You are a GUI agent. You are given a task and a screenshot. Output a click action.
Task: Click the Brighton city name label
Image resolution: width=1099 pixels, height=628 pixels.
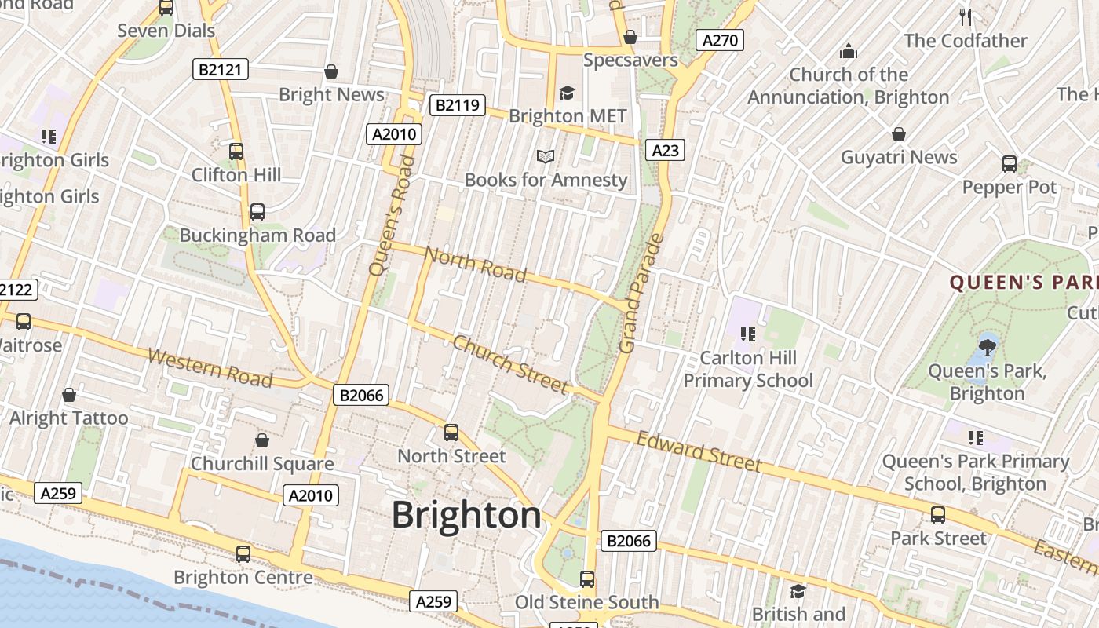click(466, 516)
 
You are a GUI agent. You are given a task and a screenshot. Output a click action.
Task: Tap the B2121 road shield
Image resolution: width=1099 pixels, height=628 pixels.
click(221, 70)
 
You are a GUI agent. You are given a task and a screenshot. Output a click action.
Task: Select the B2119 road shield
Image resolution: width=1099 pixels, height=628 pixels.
click(458, 105)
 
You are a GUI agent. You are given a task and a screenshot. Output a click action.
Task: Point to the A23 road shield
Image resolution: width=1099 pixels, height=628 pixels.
click(665, 150)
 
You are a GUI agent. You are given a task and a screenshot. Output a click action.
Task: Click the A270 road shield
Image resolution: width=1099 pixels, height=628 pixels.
click(719, 41)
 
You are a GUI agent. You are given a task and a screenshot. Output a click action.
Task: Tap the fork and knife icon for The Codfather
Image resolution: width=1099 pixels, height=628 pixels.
click(966, 16)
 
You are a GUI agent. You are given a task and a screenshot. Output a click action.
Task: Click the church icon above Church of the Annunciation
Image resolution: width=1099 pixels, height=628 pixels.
click(849, 52)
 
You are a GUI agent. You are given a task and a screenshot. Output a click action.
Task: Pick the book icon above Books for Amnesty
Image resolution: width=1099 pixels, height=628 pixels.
click(546, 156)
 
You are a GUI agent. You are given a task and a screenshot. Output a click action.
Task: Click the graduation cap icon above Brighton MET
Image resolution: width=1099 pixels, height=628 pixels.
click(567, 93)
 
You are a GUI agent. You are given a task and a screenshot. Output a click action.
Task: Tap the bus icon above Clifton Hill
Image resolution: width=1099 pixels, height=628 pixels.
click(236, 152)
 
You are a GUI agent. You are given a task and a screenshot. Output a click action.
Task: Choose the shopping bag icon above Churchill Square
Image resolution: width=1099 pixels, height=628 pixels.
click(262, 440)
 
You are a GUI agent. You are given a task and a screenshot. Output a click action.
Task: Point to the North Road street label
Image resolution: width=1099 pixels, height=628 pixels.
click(475, 264)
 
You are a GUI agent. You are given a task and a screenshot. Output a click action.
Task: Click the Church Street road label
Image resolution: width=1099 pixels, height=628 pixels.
click(510, 364)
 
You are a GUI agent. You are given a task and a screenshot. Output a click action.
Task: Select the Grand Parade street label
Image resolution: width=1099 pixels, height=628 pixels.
click(641, 294)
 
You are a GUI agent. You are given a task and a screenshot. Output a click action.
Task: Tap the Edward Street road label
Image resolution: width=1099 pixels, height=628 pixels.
click(699, 451)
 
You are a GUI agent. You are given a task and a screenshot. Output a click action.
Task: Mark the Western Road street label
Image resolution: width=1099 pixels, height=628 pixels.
click(210, 369)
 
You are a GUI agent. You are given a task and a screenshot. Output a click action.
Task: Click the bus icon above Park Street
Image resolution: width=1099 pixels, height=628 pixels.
click(937, 515)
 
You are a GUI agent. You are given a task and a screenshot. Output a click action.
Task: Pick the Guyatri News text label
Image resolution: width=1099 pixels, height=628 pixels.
click(899, 158)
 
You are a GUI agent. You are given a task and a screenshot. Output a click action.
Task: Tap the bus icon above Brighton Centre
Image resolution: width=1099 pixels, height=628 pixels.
click(243, 554)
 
